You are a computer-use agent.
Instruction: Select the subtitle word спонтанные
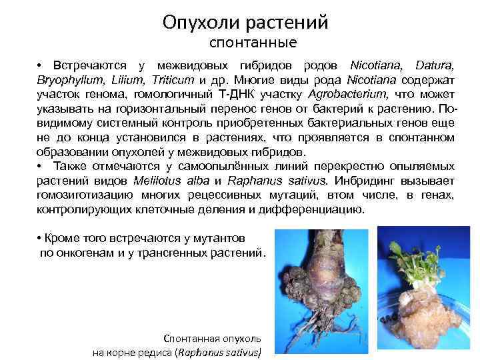253,43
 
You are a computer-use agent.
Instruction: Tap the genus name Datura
434,66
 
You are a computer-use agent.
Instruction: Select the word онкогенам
83,253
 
